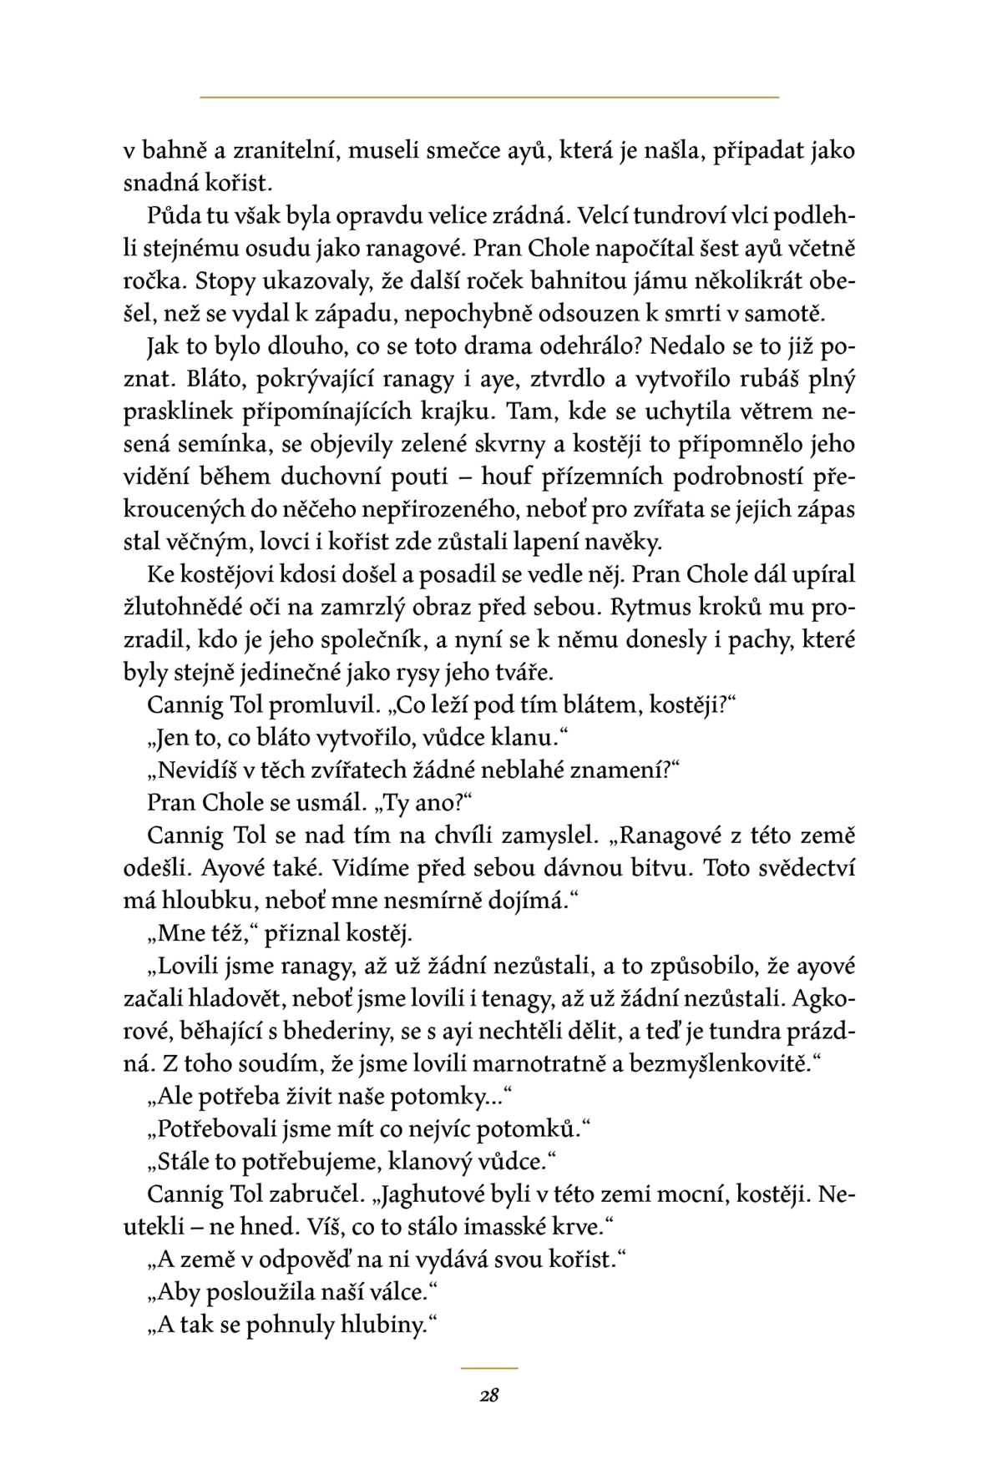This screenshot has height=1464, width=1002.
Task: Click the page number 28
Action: pyautogui.click(x=489, y=1395)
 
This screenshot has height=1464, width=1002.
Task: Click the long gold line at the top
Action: pyautogui.click(x=489, y=98)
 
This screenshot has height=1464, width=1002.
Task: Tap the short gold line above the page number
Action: pyautogui.click(x=489, y=1368)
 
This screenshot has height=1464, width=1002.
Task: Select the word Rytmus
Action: pyautogui.click(x=655, y=607)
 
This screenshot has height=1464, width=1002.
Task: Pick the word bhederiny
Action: pyautogui.click(x=331, y=1032)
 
